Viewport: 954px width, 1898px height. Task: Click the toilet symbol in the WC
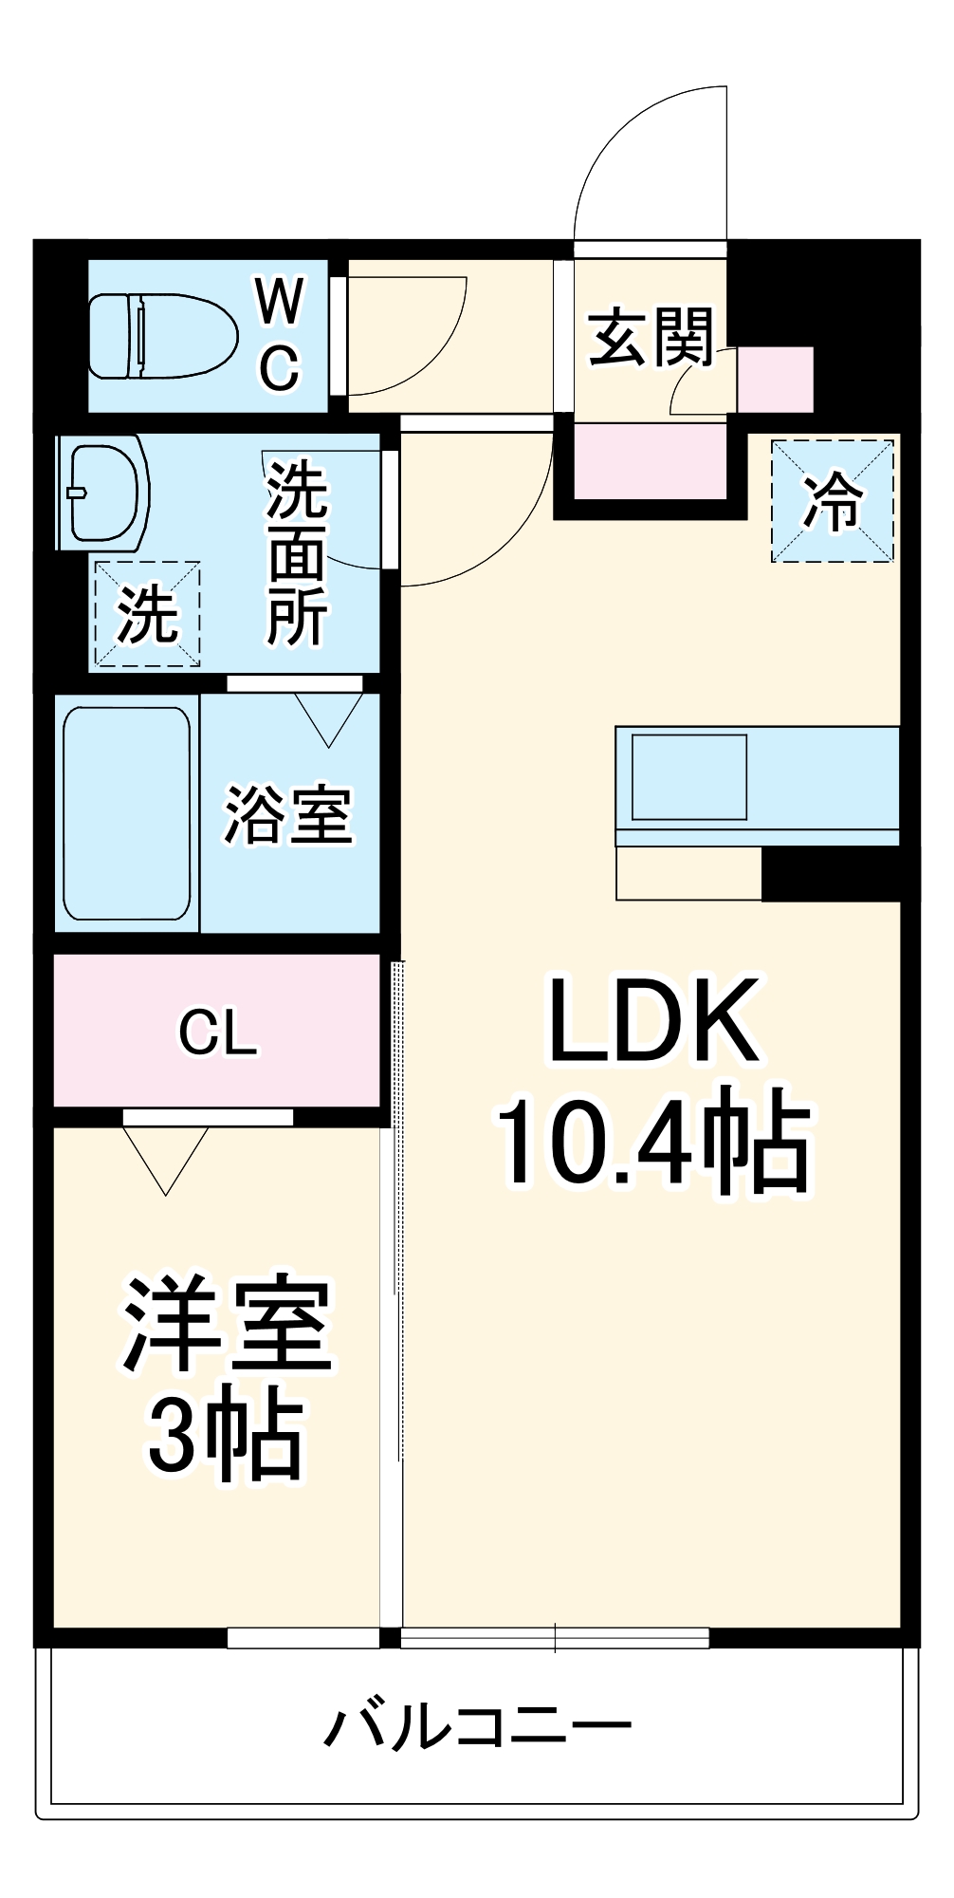pos(161,336)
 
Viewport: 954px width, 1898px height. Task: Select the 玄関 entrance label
pos(651,338)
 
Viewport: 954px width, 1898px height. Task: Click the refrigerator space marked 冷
pos(832,501)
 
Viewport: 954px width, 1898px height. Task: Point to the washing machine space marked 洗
pos(147,613)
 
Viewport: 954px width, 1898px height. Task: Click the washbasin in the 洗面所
pos(102,492)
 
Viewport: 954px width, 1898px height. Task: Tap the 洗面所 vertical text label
pos(297,554)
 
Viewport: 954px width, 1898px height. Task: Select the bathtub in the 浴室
pos(127,813)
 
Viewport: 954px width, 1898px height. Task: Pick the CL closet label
pos(217,1033)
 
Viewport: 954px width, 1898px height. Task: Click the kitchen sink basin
pos(689,776)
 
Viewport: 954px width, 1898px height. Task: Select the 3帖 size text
pos(226,1440)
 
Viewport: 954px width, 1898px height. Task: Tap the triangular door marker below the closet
pos(166,1158)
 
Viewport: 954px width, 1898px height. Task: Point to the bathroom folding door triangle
pos(329,719)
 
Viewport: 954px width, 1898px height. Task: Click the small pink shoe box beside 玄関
pos(776,379)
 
